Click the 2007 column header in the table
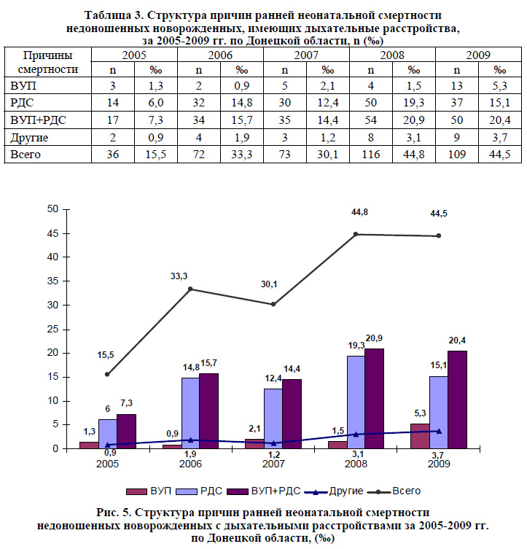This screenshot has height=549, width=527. [x=306, y=55]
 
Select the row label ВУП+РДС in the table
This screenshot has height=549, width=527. [x=38, y=120]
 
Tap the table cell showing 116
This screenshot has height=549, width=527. [x=370, y=155]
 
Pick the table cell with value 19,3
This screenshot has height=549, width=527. [x=413, y=103]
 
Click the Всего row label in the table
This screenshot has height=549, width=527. [x=26, y=155]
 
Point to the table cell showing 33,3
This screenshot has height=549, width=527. [x=241, y=155]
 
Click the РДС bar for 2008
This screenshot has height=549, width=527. [x=356, y=402]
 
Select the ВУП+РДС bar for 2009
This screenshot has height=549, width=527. [x=457, y=400]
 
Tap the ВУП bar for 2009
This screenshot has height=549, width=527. [x=420, y=436]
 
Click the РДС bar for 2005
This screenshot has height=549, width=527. [x=108, y=434]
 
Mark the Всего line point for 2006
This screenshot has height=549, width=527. [x=190, y=289]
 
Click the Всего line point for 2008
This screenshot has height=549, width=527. [x=356, y=234]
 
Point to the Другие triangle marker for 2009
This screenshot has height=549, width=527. [x=439, y=431]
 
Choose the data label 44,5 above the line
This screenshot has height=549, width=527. [x=439, y=214]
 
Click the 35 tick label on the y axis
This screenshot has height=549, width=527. [x=52, y=281]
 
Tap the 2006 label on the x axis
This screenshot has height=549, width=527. [x=190, y=464]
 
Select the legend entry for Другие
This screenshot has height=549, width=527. [x=334, y=491]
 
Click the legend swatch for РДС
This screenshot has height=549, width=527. [x=186, y=491]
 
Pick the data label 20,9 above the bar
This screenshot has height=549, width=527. [x=374, y=338]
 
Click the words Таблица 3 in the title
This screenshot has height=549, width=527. [x=113, y=15]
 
